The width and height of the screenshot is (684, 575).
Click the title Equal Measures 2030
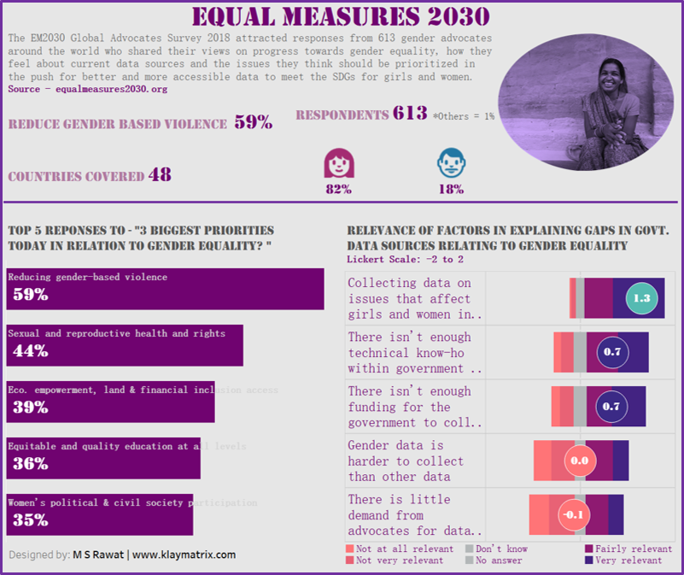click(x=340, y=16)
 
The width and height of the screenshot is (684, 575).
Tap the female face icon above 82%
click(x=339, y=163)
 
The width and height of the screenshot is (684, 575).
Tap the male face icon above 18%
click(x=451, y=163)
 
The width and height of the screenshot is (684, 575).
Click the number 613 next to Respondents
click(x=410, y=114)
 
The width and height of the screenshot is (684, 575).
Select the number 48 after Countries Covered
click(x=160, y=175)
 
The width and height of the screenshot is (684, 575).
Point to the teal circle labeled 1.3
click(x=642, y=298)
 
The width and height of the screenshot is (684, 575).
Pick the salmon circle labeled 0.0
click(x=580, y=461)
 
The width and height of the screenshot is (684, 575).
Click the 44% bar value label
click(x=30, y=351)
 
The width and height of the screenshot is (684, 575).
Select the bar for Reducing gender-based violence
click(x=165, y=289)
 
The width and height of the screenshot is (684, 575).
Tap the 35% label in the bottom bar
click(x=30, y=520)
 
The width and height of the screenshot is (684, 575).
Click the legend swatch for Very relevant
click(x=589, y=560)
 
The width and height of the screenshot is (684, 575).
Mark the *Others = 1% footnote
click(x=464, y=115)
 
